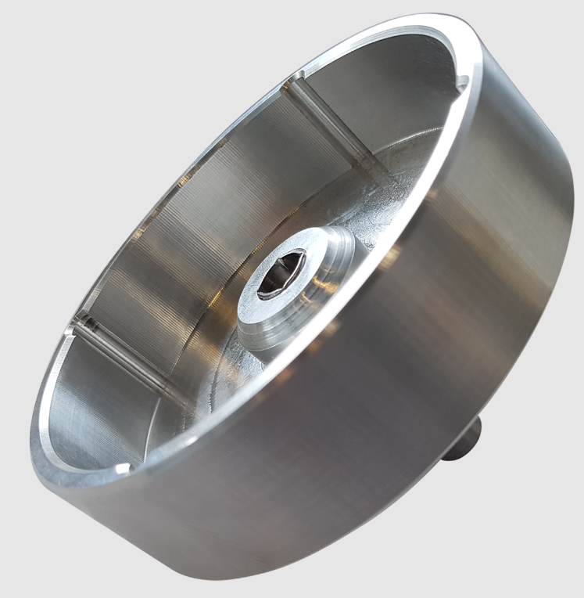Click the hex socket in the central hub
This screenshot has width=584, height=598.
click(286, 273)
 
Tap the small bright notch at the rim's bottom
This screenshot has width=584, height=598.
click(122, 469)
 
